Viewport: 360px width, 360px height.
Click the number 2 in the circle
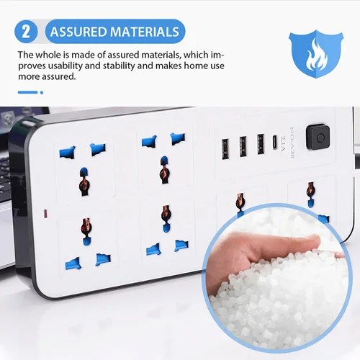tap(27, 32)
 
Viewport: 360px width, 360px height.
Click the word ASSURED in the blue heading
tap(78, 32)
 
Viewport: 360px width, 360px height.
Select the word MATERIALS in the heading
tap(145, 32)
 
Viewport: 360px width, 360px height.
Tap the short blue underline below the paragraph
tap(27, 92)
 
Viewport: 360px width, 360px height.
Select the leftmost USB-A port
tap(225, 146)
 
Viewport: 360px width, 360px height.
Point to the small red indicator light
tap(46, 215)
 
